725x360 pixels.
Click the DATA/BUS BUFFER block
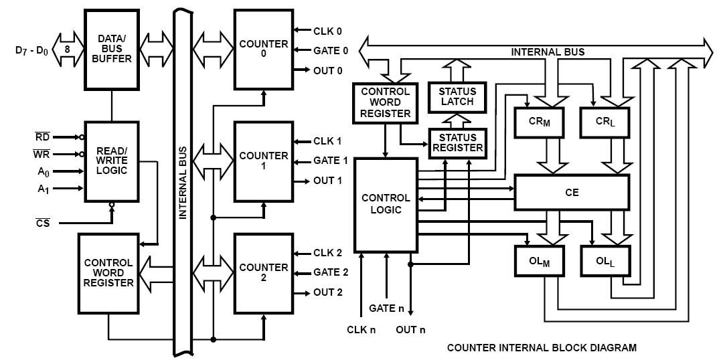pyautogui.click(x=111, y=50)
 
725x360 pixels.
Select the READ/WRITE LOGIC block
pyautogui.click(x=111, y=161)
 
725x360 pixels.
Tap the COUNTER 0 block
pyautogui.click(x=264, y=50)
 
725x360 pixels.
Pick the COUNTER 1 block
pyautogui.click(x=264, y=161)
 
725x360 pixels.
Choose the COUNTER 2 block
pyautogui.click(x=264, y=273)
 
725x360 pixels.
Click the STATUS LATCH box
pyautogui.click(x=457, y=97)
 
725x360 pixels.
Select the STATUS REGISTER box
pyautogui.click(x=457, y=143)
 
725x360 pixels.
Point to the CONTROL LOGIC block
pyautogui.click(x=386, y=205)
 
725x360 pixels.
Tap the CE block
pyautogui.click(x=572, y=192)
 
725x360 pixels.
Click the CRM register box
pyautogui.click(x=539, y=122)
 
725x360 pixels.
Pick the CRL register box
pyautogui.click(x=605, y=122)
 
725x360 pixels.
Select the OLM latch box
pyautogui.click(x=540, y=261)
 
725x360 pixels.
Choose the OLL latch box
pyautogui.click(x=605, y=261)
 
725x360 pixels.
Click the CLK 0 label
pyautogui.click(x=328, y=31)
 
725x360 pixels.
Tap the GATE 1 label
pyautogui.click(x=331, y=161)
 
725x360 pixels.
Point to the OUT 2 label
pyautogui.click(x=328, y=292)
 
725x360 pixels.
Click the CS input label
pyautogui.click(x=43, y=223)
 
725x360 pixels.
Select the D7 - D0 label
pyautogui.click(x=32, y=50)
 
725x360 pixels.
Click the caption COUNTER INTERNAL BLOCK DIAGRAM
pyautogui.click(x=542, y=347)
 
